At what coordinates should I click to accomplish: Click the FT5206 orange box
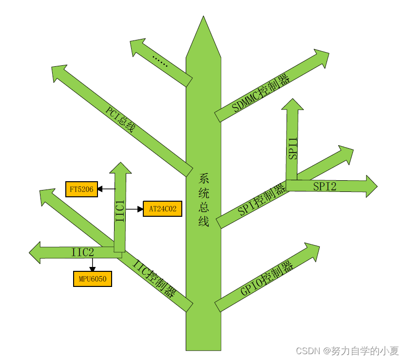pos(82,189)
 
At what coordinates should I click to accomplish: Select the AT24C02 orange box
pos(162,209)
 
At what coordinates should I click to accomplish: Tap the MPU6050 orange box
pos(93,279)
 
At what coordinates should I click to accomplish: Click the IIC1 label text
pos(120,211)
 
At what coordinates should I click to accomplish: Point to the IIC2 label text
pos(82,252)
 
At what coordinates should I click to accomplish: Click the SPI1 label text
pos(292,148)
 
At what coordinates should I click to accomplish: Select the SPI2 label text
pos(325,186)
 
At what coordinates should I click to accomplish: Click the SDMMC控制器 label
pos(261,93)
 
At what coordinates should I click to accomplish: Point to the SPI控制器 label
pos(262,200)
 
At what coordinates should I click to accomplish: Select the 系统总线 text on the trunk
pos(204,200)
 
